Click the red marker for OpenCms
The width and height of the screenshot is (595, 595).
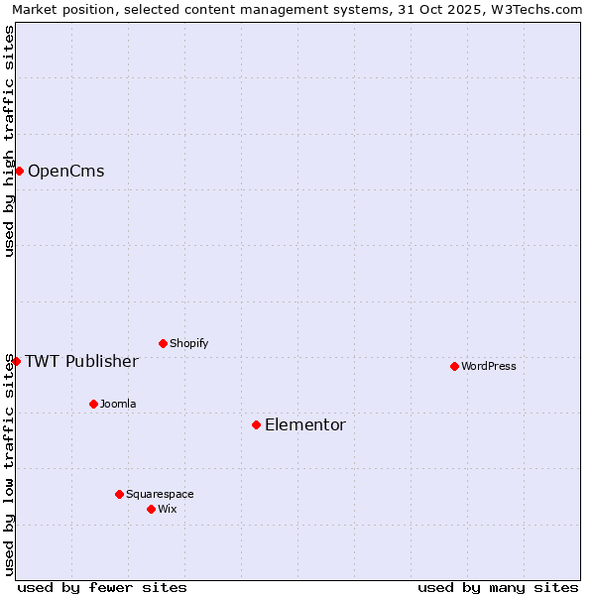coord(19,171)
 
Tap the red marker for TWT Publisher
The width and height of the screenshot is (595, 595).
coord(16,361)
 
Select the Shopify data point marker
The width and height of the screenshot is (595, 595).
coord(163,343)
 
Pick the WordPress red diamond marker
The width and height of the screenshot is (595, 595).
coord(454,366)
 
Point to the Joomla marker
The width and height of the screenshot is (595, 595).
coord(93,404)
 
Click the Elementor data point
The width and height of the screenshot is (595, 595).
coord(256,424)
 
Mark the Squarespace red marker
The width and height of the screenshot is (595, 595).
coord(119,494)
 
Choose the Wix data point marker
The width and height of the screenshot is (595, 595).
coord(151,509)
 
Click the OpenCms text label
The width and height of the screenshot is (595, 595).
coord(65,171)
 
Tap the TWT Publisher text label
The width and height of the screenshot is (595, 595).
coord(81,361)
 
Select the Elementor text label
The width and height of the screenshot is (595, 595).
coord(305,424)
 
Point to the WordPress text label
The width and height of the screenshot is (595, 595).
coord(489,366)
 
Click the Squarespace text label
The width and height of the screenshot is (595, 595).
coord(160,494)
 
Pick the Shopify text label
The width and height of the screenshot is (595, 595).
coord(188,343)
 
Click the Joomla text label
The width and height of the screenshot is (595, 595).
coord(118,404)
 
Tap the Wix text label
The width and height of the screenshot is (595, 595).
coord(167,509)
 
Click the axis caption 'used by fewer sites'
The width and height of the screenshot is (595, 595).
coord(102,587)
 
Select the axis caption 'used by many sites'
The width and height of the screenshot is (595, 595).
coord(498,587)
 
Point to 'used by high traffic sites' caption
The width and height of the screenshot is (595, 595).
coord(9,141)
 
